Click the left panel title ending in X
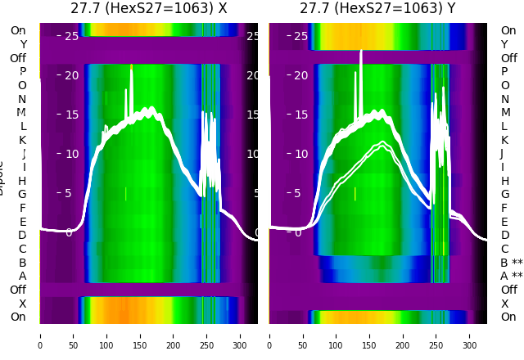[148, 9]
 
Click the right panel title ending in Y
[378, 9]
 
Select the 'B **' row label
[511, 263]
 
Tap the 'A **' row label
[511, 277]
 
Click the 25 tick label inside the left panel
[71, 36]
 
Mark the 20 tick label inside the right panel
[300, 75]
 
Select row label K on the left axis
[23, 140]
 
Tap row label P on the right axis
[504, 72]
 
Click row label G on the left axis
[22, 194]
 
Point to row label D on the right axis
[504, 236]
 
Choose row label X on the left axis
[23, 304]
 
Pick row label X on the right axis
[504, 304]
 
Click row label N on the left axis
[22, 99]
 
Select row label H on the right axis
[504, 181]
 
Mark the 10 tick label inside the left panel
[71, 154]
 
